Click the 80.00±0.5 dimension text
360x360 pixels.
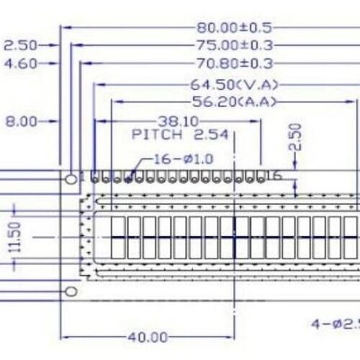tap(234, 28)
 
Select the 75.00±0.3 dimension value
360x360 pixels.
tap(234, 45)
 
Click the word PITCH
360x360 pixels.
tap(153, 134)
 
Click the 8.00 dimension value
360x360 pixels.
tap(22, 122)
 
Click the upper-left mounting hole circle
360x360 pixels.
tap(71, 177)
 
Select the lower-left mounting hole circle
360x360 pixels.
tap(71, 291)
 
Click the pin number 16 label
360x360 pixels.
tap(273, 175)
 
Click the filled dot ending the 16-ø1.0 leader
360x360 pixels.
tap(128, 178)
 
